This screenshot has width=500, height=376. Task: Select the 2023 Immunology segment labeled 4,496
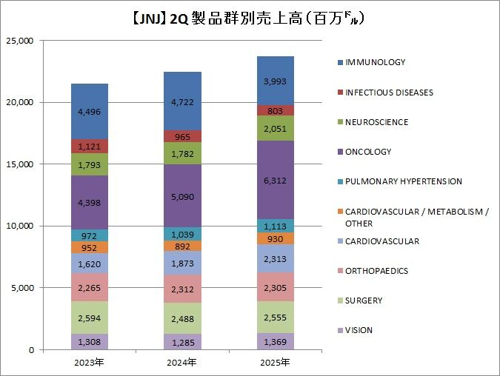point(90,112)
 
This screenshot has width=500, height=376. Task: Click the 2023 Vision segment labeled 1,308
point(90,342)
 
